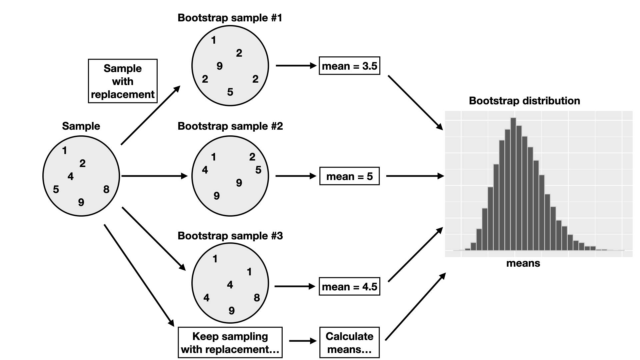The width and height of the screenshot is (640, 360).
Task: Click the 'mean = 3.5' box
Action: (349, 66)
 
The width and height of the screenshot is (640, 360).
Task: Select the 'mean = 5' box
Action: (349, 176)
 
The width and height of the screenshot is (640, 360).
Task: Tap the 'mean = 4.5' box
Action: (349, 287)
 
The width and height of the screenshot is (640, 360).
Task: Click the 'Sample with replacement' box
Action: (123, 81)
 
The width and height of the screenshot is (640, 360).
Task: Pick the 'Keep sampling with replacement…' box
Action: (230, 342)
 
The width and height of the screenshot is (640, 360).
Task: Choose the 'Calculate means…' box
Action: (349, 342)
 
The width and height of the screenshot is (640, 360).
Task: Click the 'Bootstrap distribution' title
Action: (524, 101)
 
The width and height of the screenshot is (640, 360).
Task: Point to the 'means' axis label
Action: (523, 263)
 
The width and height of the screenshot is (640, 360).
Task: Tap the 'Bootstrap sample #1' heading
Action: (230, 18)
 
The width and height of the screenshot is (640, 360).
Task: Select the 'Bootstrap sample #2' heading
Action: (230, 126)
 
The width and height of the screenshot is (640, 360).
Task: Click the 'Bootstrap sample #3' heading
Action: (230, 236)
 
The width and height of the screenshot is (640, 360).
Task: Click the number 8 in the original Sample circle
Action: (106, 189)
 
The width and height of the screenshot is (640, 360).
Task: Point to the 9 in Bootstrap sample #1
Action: (219, 66)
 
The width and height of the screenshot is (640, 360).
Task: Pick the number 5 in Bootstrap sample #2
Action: (258, 170)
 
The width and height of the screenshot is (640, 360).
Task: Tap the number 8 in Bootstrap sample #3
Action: (257, 298)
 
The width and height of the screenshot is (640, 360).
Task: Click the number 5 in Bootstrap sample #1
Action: (230, 92)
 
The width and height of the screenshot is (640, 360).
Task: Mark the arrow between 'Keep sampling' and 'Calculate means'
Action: (303, 341)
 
